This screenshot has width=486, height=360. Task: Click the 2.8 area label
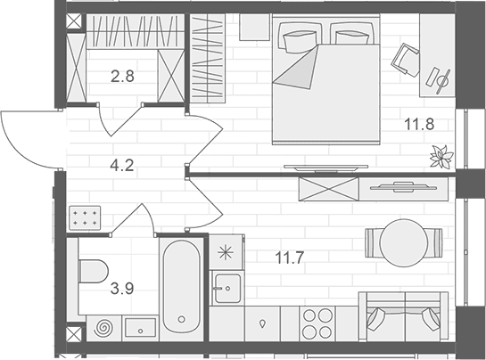coord(122,77)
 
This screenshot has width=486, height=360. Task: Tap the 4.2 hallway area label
coord(122,165)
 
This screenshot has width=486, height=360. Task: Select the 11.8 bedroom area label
coord(419,124)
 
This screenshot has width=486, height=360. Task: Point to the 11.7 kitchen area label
coord(290,258)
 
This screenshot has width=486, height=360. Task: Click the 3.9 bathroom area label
coord(122,289)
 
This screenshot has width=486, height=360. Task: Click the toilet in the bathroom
coord(93,271)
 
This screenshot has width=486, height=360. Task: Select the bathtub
coord(181,287)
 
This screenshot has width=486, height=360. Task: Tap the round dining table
coord(404,243)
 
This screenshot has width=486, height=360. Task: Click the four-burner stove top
coord(317,324)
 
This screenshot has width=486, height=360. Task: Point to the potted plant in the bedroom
coord(441,157)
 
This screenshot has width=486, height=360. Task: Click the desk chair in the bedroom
coord(406,60)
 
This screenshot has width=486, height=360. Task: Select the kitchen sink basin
coord(227,288)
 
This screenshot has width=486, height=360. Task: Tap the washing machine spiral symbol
coord(103,329)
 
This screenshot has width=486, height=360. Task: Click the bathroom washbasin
coord(140,328)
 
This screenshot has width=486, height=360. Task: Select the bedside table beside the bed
coord(254,27)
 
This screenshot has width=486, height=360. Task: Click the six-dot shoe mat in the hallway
coord(85,217)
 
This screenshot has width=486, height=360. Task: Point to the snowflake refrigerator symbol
coord(226,252)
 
